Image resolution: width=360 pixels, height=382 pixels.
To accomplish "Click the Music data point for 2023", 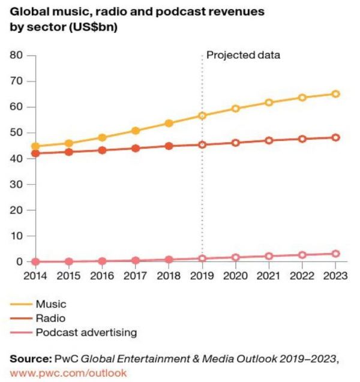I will point(336,94).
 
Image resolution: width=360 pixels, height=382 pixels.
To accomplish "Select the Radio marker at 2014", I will point(35,154).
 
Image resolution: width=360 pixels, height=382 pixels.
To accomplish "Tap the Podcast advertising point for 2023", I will point(336,254).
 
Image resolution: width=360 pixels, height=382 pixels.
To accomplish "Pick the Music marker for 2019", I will point(202,115).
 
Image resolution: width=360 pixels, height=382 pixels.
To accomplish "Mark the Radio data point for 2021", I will point(269,140).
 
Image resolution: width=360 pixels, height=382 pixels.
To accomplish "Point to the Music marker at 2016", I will point(102,137).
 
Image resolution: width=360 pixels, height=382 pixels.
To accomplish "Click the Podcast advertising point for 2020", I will point(236,257).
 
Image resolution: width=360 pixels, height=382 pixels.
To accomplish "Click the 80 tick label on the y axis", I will point(16,55).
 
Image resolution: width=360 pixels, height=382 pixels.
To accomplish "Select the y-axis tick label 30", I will point(16,184).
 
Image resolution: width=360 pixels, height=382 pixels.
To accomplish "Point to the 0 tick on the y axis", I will point(19,262).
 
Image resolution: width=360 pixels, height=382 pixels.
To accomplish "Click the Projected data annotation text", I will point(243,55).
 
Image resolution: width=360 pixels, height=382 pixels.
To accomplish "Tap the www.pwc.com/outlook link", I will point(68,372).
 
